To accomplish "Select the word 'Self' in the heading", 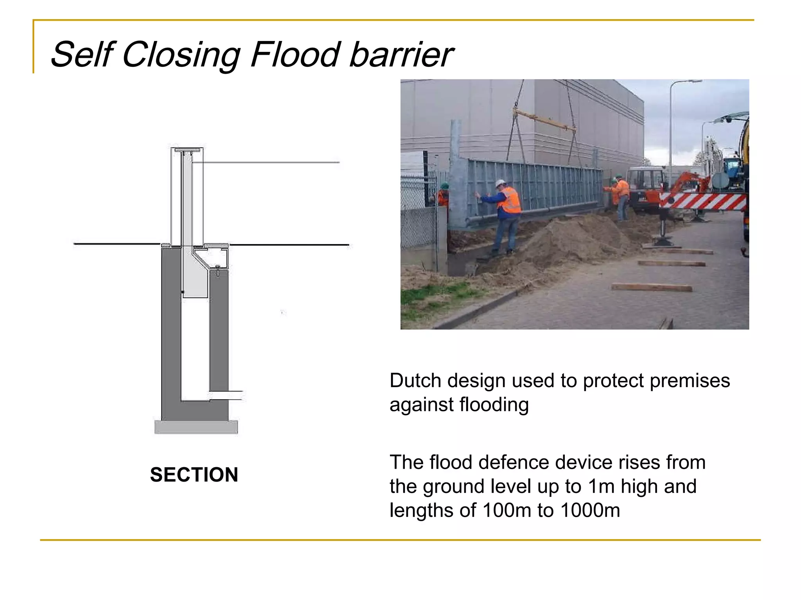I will coord(82,55).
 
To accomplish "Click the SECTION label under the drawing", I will coord(194,475).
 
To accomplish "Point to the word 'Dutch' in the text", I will coord(415,380).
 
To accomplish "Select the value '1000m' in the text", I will coord(590,510).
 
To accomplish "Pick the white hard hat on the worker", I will coord(500,183).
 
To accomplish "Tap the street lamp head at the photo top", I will coord(692,81).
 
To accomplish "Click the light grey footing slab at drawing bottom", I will coord(196,427).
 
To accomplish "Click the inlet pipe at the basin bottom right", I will coord(226,395).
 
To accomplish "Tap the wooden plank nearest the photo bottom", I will coord(652,288).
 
